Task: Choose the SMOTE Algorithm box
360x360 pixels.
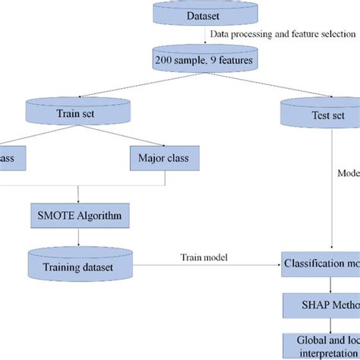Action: tap(78, 215)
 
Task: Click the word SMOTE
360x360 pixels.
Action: tap(59, 215)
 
